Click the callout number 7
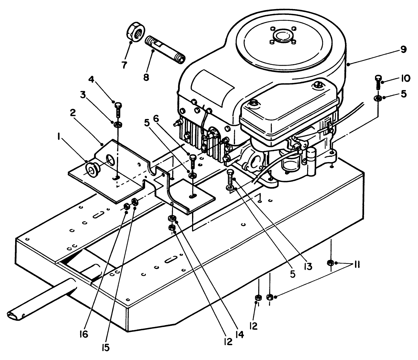(x=124, y=65)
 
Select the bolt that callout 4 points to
(x=118, y=109)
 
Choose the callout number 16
(x=84, y=334)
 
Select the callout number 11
(x=357, y=266)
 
